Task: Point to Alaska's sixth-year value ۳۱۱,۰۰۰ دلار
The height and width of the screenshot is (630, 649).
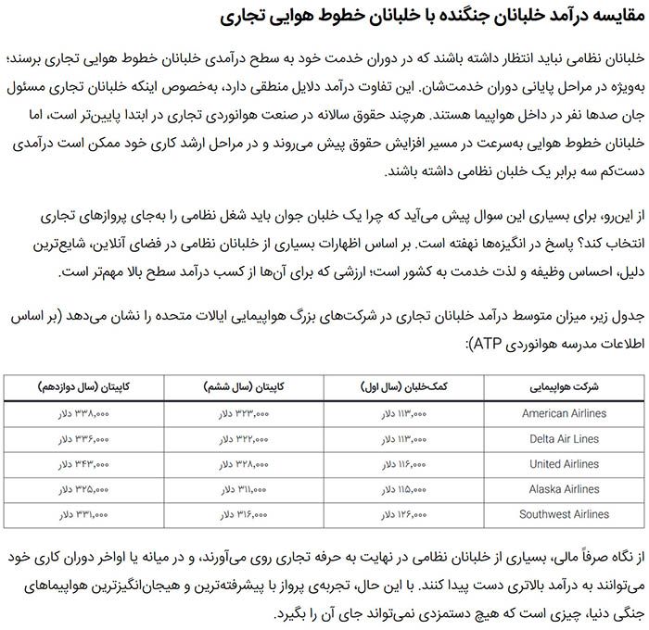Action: [244, 488]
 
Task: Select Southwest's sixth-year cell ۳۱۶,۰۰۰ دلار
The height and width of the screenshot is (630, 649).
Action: [244, 513]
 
